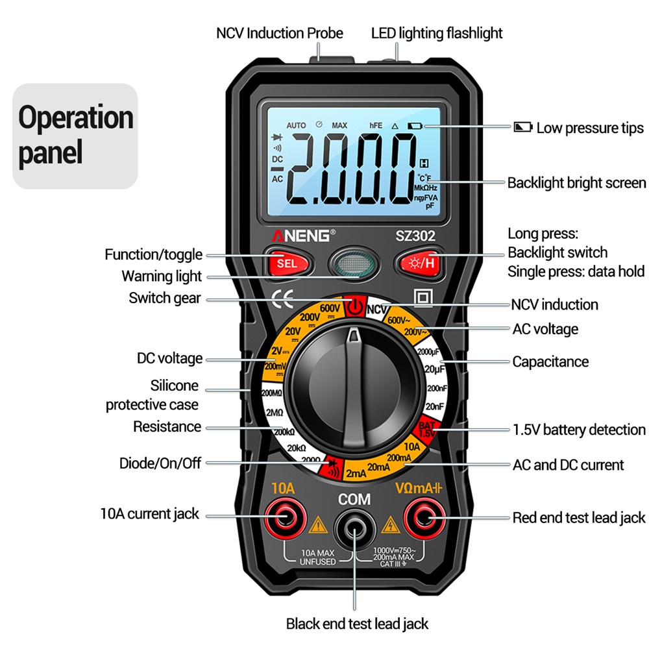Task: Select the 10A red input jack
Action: pyautogui.click(x=283, y=517)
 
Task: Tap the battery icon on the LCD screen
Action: pyautogui.click(x=415, y=125)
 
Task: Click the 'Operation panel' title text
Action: pyautogui.click(x=76, y=136)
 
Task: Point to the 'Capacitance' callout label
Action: pyautogui.click(x=550, y=361)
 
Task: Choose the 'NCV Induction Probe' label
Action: pyautogui.click(x=280, y=33)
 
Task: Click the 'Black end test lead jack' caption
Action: pyautogui.click(x=357, y=624)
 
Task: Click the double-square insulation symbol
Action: pyautogui.click(x=423, y=298)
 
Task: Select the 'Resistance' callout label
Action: pyautogui.click(x=167, y=426)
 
